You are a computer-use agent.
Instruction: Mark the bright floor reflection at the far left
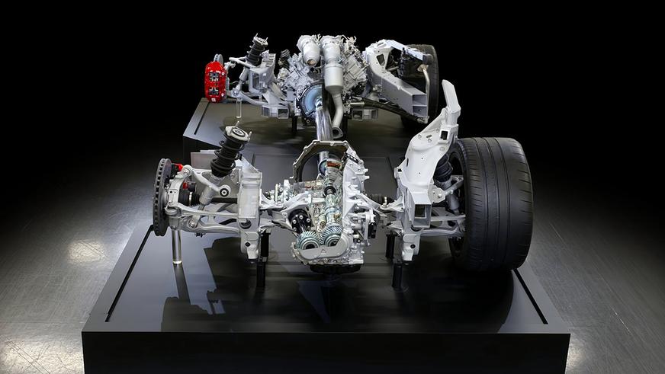84,251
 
